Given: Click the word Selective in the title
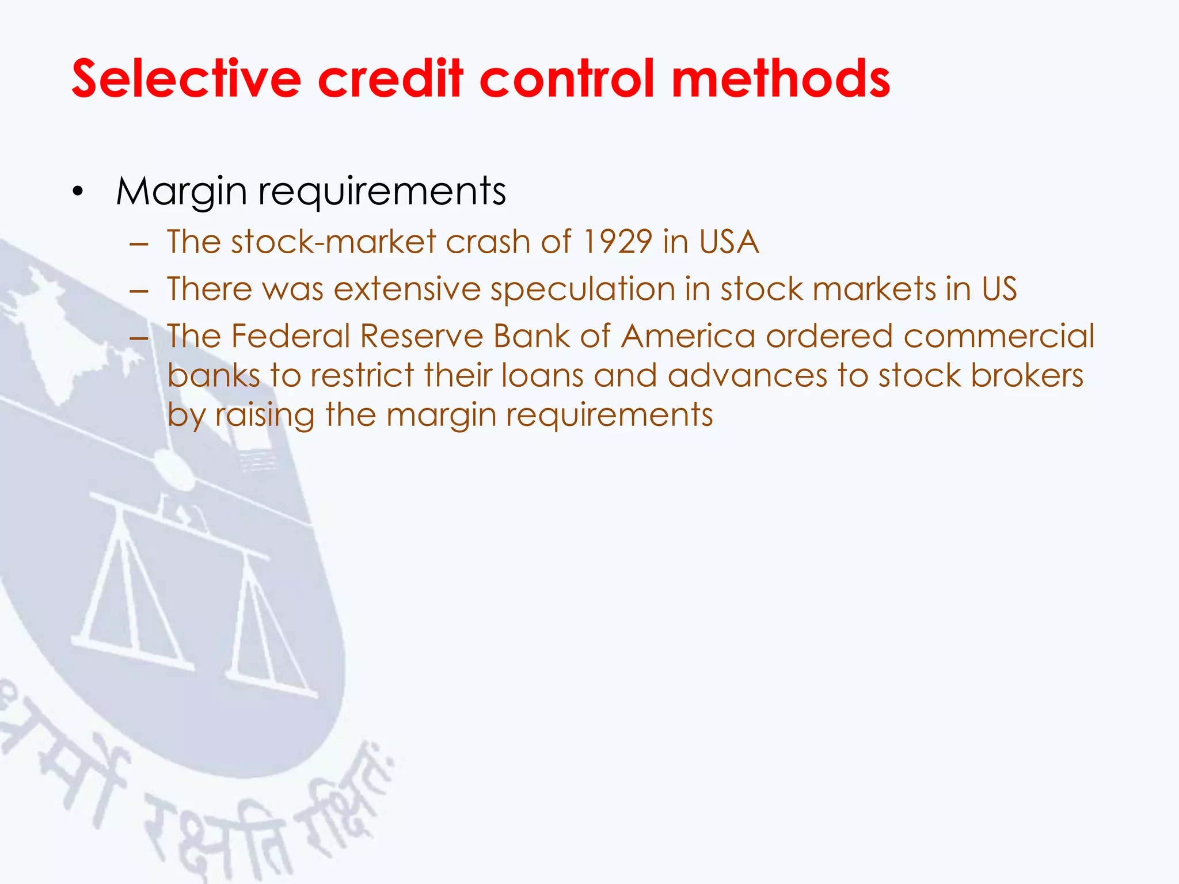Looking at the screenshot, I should pyautogui.click(x=186, y=79).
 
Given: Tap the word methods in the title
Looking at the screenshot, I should pyautogui.click(x=781, y=79).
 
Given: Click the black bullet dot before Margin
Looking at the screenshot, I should pyautogui.click(x=78, y=192).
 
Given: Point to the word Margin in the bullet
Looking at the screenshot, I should pyautogui.click(x=181, y=192).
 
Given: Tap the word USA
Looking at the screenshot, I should pyautogui.click(x=729, y=242).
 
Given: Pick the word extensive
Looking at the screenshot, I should pyautogui.click(x=407, y=289).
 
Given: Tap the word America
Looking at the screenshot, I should pyautogui.click(x=688, y=336).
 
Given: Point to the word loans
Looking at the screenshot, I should pyautogui.click(x=542, y=376).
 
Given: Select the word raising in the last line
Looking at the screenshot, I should pyautogui.click(x=265, y=416).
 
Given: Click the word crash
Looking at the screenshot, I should pyautogui.click(x=488, y=242).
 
